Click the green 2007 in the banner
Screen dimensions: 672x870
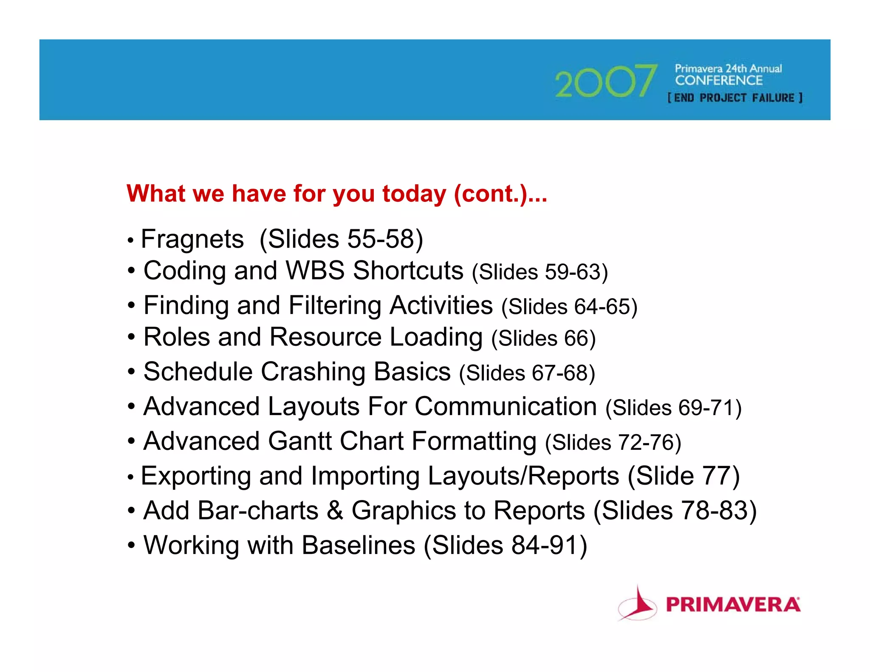(606, 81)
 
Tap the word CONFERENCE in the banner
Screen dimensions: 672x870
(719, 80)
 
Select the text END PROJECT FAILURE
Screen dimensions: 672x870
(735, 98)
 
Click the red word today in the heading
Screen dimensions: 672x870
(414, 194)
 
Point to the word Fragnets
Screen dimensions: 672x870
(192, 239)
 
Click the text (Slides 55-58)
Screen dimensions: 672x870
(341, 239)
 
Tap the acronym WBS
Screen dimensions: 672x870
(315, 271)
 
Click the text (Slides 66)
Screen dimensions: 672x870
(543, 338)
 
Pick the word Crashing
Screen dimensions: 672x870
(313, 372)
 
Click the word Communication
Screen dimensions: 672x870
(506, 407)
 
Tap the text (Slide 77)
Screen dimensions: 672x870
(684, 476)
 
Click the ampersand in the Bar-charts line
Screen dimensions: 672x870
(335, 510)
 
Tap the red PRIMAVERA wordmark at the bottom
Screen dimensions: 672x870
(733, 604)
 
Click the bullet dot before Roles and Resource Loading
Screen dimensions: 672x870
(132, 338)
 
